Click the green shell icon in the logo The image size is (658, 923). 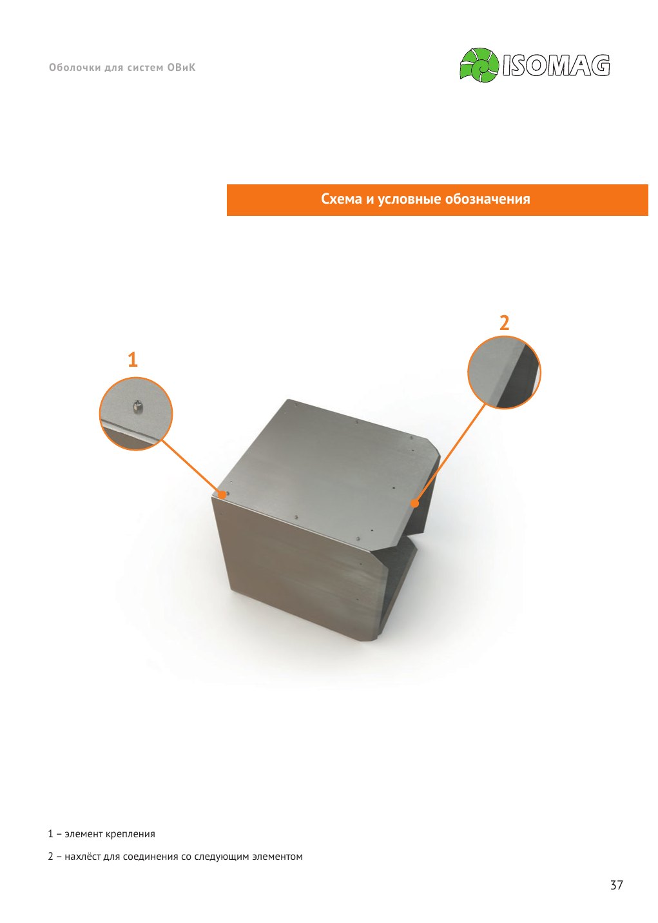coord(479,64)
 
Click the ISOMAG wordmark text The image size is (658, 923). coord(556,65)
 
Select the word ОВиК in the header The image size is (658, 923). coord(181,68)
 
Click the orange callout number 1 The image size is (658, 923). coord(132,360)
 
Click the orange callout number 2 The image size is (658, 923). coord(505,323)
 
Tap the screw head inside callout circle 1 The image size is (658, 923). coord(138,407)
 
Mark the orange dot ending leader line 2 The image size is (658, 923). coord(415,503)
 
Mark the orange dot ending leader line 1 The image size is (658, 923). coord(223,494)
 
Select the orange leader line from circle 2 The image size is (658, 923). coord(450,453)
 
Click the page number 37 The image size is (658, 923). coord(616,885)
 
